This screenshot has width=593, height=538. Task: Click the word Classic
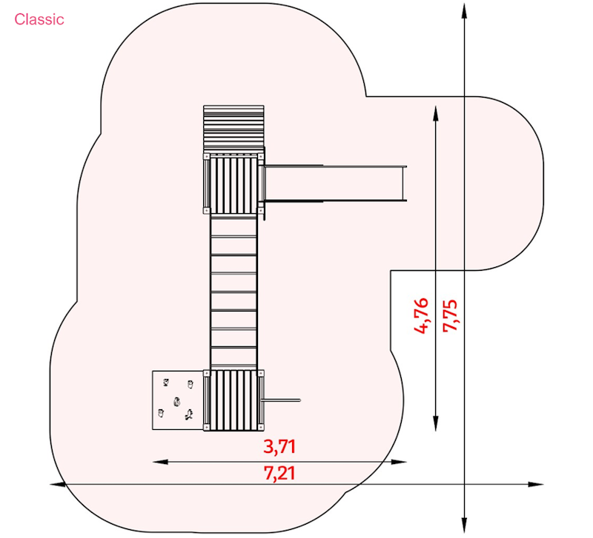(39, 19)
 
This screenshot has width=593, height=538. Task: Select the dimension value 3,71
(279, 447)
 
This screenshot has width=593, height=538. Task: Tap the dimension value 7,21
(279, 474)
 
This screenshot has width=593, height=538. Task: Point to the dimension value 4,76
(421, 316)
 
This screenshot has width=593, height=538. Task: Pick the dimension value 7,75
(450, 316)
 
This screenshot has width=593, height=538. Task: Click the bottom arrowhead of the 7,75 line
(465, 525)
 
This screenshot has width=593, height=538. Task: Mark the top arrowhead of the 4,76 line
(436, 113)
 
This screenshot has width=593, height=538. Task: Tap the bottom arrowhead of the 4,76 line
(436, 423)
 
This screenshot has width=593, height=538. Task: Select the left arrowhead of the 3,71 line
(160, 462)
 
